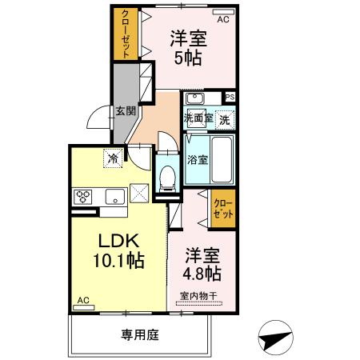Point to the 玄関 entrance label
[124, 110]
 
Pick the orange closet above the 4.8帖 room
[224, 209]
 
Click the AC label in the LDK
[82, 301]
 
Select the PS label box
[230, 98]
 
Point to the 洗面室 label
[197, 118]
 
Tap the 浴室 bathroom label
[197, 158]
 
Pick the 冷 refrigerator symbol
[114, 158]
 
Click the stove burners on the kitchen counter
[84, 194]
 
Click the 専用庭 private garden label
[140, 334]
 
